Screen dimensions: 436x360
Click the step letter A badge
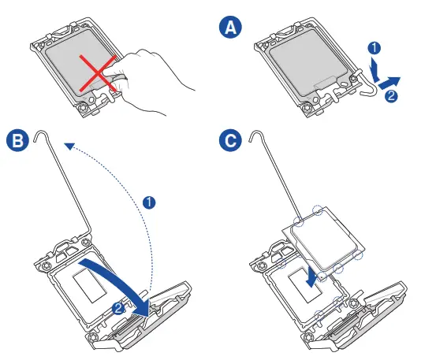(230, 28)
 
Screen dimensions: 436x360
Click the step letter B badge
(17, 140)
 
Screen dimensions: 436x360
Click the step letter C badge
(230, 140)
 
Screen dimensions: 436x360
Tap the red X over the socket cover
(98, 73)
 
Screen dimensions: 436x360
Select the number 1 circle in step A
(375, 48)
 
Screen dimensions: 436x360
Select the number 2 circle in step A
(391, 96)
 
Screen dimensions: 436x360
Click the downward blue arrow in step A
(375, 69)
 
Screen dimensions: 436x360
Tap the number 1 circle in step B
(149, 202)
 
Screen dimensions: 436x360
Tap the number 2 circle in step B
(118, 308)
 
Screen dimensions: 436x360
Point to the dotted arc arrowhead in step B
(69, 147)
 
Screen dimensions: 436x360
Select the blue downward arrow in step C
(311, 278)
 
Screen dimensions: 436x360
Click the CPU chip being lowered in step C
(324, 240)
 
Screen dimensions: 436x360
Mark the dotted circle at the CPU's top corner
(318, 210)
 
